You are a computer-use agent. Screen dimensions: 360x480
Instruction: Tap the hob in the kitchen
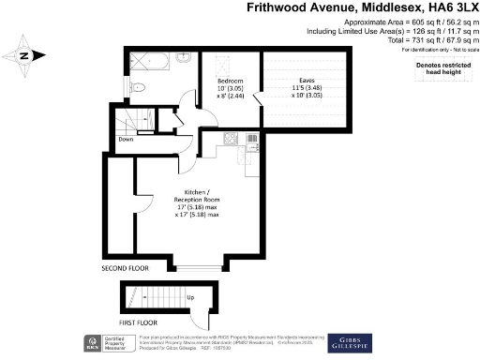(x=230, y=142)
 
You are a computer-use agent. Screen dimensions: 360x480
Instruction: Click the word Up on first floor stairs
(x=191, y=298)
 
